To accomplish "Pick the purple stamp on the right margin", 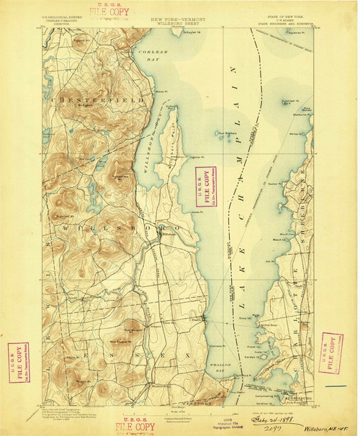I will tap(331, 352).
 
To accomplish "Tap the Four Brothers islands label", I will tap(229, 135).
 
